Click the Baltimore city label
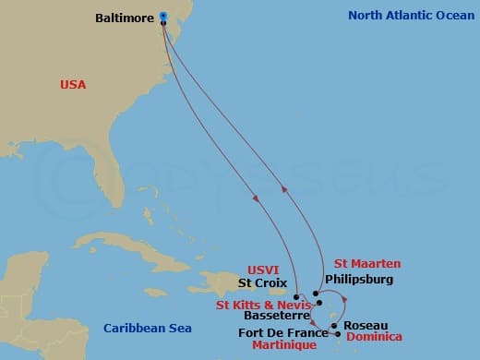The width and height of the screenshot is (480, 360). click(x=125, y=17)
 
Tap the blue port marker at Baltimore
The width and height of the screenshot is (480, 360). click(x=163, y=16)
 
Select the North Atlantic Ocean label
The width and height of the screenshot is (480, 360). click(x=409, y=15)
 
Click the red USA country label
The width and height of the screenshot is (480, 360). click(x=72, y=84)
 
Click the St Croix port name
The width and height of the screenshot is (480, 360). click(x=263, y=283)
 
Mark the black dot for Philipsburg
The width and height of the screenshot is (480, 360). click(x=316, y=294)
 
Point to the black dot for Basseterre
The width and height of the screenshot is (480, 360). click(x=318, y=303)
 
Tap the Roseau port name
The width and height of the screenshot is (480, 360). click(x=366, y=325)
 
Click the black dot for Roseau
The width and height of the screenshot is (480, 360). click(x=334, y=324)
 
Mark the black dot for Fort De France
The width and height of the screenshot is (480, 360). click(x=338, y=334)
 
